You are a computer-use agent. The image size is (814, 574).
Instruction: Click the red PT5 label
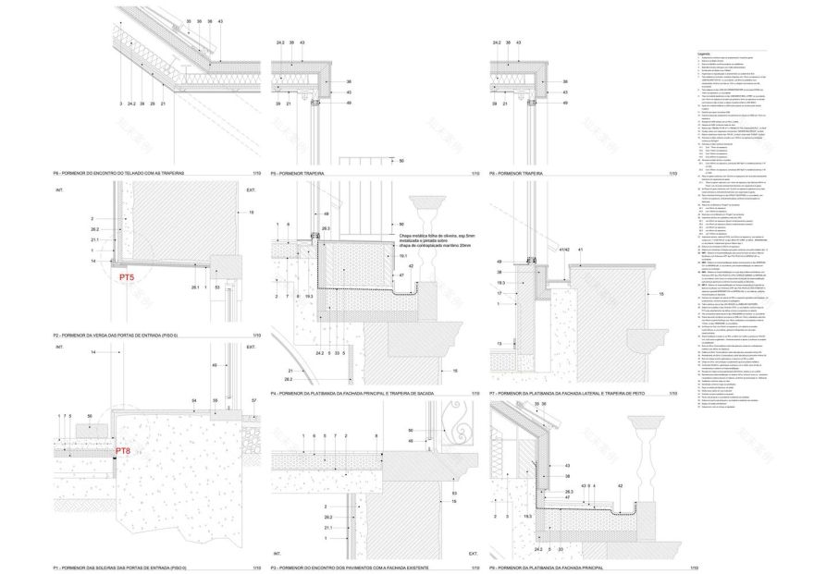click(x=126, y=275)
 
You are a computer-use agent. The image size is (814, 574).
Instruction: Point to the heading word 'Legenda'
click(x=709, y=54)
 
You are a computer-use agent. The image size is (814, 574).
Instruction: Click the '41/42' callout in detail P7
click(x=563, y=250)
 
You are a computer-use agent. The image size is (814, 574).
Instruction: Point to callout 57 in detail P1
click(x=253, y=400)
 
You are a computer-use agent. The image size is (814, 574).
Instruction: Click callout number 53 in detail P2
click(x=216, y=288)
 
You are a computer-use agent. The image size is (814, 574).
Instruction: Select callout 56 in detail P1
click(x=89, y=418)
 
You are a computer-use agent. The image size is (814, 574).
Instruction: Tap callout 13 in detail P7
click(x=499, y=343)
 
